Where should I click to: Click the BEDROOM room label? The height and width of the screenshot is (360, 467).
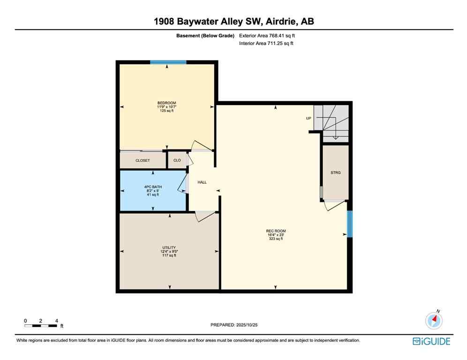(166, 103)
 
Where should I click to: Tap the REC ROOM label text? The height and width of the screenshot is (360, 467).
(276, 231)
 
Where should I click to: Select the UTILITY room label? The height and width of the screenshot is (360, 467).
(169, 247)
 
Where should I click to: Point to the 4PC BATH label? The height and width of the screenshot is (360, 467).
(152, 187)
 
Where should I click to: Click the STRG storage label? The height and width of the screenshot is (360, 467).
(335, 173)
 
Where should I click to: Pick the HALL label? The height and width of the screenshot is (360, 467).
(202, 182)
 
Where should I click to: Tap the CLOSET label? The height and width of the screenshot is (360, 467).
(143, 160)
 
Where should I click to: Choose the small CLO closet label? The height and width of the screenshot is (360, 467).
(177, 160)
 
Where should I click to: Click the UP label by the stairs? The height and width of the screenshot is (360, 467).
(309, 118)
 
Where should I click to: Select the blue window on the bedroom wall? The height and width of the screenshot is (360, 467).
(168, 62)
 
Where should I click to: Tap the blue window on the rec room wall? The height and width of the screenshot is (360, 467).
(349, 224)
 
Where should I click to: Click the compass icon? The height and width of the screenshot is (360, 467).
(434, 321)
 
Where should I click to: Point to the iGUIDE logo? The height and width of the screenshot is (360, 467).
(431, 342)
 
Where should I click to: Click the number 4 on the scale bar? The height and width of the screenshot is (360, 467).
(57, 321)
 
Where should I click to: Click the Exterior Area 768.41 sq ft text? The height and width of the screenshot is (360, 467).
(267, 35)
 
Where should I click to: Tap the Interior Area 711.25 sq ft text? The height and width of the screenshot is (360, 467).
(266, 44)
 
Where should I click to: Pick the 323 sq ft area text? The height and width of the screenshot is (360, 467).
(276, 239)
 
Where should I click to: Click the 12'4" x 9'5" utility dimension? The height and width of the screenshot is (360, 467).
(169, 252)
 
